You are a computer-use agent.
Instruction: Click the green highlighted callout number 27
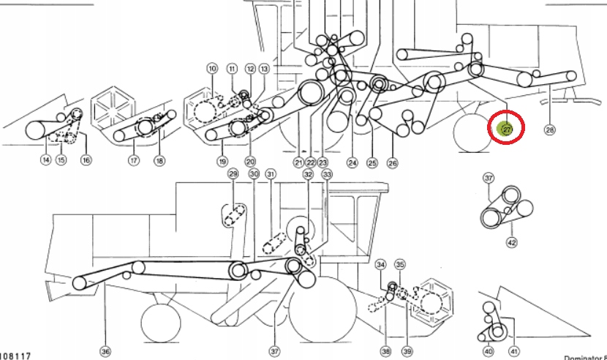[x=505, y=130]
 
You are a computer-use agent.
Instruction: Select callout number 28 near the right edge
[x=550, y=130]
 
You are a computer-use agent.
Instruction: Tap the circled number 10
[x=212, y=69]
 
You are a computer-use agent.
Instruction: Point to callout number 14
[x=46, y=160]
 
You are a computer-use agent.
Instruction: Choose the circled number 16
[x=86, y=160]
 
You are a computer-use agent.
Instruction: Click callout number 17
[x=134, y=160]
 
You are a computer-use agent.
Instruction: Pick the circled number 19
[x=222, y=161]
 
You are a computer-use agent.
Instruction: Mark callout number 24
[x=352, y=162]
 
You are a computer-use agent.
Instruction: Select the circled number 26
[x=393, y=162]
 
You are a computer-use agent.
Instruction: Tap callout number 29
[x=233, y=174]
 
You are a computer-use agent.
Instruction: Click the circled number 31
[x=271, y=174]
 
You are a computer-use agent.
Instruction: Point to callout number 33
[x=326, y=174]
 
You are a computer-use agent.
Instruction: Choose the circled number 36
[x=105, y=352]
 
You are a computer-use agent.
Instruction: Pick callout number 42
[x=511, y=242]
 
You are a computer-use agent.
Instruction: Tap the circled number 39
[x=408, y=352]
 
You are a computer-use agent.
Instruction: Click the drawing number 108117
[x=15, y=356]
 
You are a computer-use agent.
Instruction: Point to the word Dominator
[x=581, y=357]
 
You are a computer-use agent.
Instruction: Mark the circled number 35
[x=400, y=263]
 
